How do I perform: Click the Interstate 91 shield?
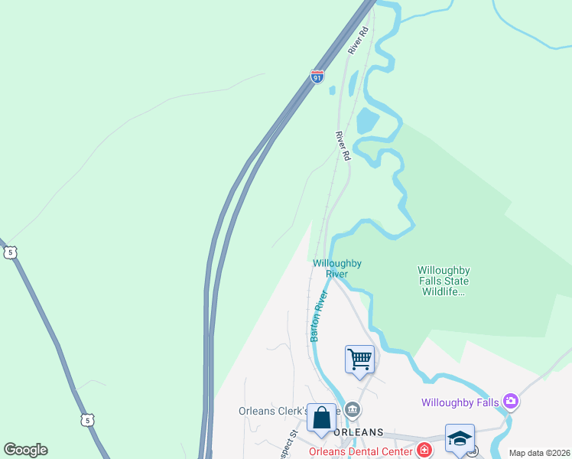[x=317, y=76]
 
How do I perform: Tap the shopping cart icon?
[x=359, y=359]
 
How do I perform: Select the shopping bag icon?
[x=321, y=418]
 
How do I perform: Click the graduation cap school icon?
[x=460, y=438]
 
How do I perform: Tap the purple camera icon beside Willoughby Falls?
[x=511, y=401]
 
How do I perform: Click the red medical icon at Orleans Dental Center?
[x=424, y=450]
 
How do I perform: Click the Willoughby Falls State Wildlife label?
[x=444, y=281]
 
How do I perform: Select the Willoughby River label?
[x=336, y=269]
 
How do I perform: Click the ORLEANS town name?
[x=358, y=432]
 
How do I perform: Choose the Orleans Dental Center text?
[x=364, y=451]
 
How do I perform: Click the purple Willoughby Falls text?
[x=460, y=402]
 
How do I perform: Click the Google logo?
[x=25, y=450]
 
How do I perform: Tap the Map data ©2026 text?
[x=539, y=453]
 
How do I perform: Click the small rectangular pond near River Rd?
[x=367, y=120]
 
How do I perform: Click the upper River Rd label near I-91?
[x=359, y=41]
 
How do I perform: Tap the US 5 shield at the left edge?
[x=8, y=252]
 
